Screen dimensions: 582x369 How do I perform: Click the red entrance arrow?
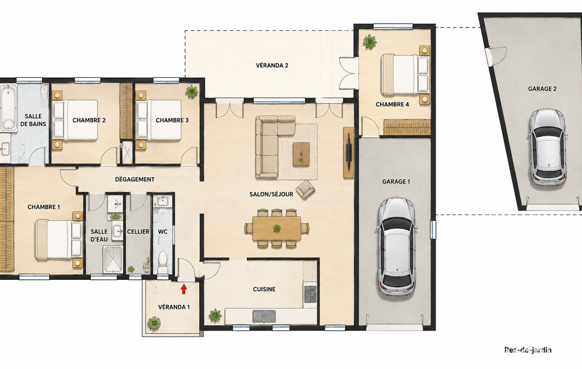click(x=184, y=289)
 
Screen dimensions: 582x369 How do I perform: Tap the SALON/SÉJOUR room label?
click(x=271, y=194)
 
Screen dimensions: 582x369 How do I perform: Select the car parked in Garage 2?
click(x=548, y=148)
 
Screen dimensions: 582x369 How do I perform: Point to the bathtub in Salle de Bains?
click(x=8, y=108)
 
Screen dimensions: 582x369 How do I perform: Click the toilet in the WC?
click(x=163, y=261)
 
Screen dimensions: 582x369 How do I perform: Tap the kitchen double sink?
click(x=264, y=316)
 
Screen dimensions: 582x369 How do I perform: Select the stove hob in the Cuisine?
click(x=310, y=293)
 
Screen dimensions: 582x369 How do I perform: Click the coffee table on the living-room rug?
click(x=301, y=154)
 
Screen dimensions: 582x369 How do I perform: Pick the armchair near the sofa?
click(x=305, y=190)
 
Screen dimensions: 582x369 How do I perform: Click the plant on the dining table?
click(x=277, y=228)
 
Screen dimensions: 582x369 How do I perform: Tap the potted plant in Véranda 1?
click(x=154, y=322)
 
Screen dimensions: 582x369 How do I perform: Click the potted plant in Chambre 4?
click(x=370, y=41)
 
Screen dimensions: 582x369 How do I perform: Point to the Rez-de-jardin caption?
click(x=527, y=350)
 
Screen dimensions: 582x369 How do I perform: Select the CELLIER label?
click(x=138, y=232)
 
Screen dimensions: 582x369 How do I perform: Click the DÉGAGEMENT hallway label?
click(x=135, y=179)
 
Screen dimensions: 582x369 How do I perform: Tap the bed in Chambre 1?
click(x=59, y=240)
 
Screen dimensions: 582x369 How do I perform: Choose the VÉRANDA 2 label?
click(x=272, y=65)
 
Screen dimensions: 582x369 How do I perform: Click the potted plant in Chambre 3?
click(x=191, y=91)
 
